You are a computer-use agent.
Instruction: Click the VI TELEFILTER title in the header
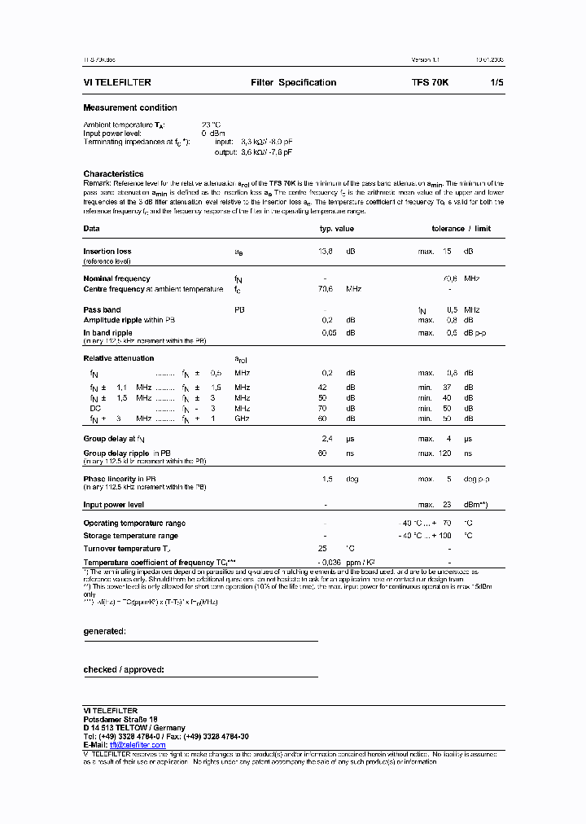click(117, 83)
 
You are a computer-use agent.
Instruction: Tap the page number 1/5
click(496, 83)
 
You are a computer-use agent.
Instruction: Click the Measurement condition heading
click(130, 107)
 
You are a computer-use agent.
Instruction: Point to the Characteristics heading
click(113, 173)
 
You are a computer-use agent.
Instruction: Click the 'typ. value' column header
click(336, 229)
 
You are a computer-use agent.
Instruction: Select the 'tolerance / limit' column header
click(461, 229)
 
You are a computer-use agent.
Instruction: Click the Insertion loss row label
click(107, 252)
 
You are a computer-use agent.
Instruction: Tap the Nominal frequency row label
click(116, 278)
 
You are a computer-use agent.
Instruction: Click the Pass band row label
click(102, 309)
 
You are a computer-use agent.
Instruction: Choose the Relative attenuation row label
click(118, 358)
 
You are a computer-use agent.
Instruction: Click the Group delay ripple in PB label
click(127, 452)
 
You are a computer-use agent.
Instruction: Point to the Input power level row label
click(113, 505)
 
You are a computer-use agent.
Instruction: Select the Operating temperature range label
click(134, 523)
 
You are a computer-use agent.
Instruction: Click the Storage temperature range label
click(130, 536)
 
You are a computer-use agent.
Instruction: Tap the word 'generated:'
click(104, 631)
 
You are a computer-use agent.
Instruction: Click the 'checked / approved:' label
click(124, 669)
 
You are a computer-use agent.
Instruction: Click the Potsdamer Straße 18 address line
click(120, 720)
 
